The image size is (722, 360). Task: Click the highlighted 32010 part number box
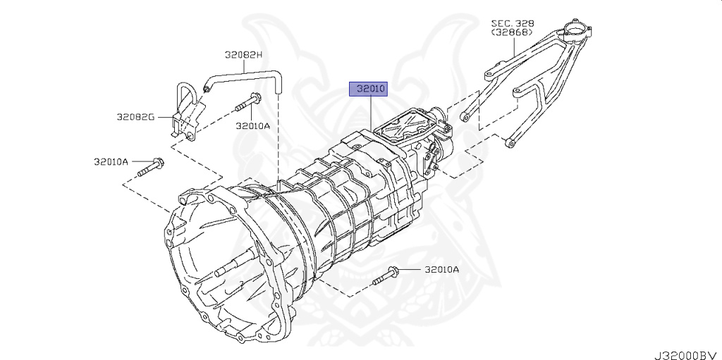(369, 89)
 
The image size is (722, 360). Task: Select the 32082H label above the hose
(243, 54)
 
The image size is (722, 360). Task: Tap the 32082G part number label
(135, 116)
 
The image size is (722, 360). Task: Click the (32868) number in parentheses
(513, 32)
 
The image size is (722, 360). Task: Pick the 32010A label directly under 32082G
(111, 161)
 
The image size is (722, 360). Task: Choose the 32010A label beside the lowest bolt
(441, 269)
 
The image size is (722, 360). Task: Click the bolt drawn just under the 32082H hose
(246, 102)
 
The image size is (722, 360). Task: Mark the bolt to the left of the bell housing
(149, 168)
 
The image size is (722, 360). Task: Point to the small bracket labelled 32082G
(181, 113)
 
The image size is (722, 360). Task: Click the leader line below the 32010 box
(369, 113)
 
